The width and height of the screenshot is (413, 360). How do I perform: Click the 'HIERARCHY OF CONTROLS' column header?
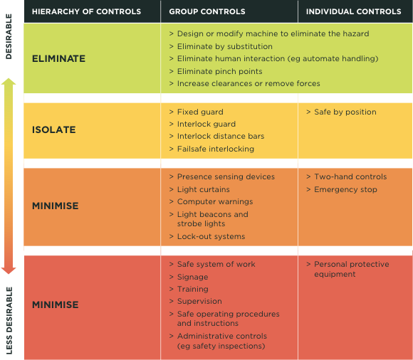click(86, 11)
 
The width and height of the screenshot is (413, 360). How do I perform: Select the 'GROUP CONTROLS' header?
click(207, 11)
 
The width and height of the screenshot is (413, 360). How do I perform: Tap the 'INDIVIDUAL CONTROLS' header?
click(353, 11)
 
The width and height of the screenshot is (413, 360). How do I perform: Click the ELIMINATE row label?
click(58, 58)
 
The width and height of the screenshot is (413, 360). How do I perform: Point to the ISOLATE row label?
click(54, 129)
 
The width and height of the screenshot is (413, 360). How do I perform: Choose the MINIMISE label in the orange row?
click(56, 206)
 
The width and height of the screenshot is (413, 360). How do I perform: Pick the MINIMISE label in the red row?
click(56, 305)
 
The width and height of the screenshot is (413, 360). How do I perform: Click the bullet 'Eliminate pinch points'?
click(219, 71)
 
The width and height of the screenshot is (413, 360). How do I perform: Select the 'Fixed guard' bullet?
click(200, 112)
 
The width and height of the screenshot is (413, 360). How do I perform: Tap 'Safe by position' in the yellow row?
click(345, 112)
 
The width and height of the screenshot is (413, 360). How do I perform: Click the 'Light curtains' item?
click(204, 189)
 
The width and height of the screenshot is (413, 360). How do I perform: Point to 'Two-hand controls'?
click(350, 176)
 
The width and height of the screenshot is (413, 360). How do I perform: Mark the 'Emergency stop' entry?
click(345, 189)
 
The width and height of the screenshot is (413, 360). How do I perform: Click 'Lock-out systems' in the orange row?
click(211, 236)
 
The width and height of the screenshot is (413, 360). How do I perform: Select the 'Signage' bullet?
click(192, 277)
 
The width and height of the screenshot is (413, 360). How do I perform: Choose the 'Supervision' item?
click(199, 301)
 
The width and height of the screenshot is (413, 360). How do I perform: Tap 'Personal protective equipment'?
click(351, 269)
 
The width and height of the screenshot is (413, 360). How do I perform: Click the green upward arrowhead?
click(9, 82)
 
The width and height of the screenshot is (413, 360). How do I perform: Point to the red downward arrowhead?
click(9, 270)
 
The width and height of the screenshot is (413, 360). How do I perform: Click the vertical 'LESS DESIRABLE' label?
click(9, 321)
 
